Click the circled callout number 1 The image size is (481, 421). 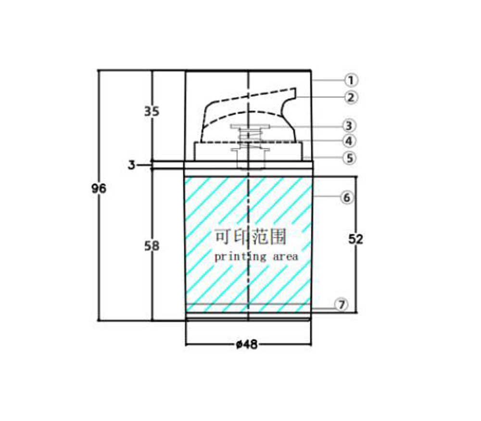click(351, 80)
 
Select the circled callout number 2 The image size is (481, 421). click(351, 97)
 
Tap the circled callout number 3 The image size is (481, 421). click(349, 126)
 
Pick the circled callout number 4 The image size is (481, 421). click(349, 141)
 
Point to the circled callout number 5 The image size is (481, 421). click(350, 158)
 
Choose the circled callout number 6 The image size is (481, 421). click(347, 197)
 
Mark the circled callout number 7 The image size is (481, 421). click(342, 305)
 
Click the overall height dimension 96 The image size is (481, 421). click(99, 189)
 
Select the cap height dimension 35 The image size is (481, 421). click(152, 112)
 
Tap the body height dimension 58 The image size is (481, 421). click(152, 246)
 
